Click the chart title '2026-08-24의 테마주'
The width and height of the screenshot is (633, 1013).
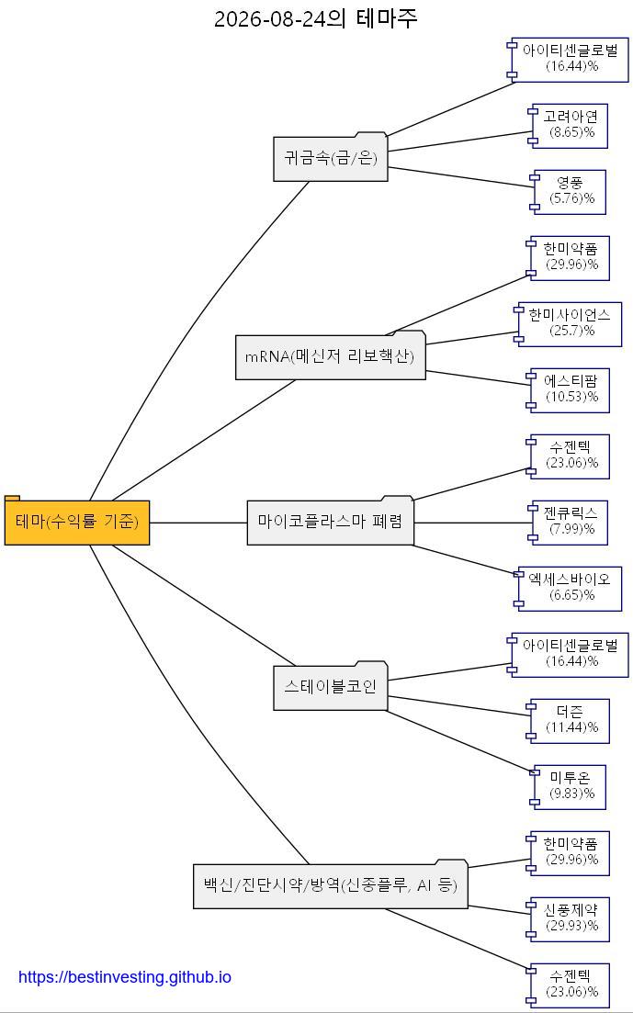tap(315, 18)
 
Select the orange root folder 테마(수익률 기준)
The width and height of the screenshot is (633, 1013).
tap(77, 521)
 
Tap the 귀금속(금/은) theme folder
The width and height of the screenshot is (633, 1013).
tap(331, 157)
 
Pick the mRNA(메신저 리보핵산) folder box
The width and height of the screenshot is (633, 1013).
tap(331, 355)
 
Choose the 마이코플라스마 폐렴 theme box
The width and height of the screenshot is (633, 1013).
tap(331, 521)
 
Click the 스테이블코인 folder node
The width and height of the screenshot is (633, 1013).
tap(331, 685)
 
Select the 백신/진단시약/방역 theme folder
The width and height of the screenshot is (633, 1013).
tap(331, 884)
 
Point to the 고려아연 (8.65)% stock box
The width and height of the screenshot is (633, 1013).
tap(568, 125)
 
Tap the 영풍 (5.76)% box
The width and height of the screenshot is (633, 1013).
tap(568, 192)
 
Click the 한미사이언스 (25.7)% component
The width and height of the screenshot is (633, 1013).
tap(568, 323)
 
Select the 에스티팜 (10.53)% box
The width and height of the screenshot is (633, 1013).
tap(569, 390)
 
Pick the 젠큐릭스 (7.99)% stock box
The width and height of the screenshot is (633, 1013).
tap(569, 522)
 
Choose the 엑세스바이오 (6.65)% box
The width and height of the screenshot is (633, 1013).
tap(568, 589)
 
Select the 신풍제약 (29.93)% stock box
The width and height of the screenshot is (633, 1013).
tap(569, 918)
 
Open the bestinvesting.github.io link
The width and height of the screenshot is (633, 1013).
tap(125, 977)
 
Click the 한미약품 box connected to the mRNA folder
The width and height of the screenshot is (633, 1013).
tap(569, 258)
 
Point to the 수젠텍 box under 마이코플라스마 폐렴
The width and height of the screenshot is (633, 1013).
tap(569, 456)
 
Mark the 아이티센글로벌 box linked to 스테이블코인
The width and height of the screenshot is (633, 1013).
tap(568, 655)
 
